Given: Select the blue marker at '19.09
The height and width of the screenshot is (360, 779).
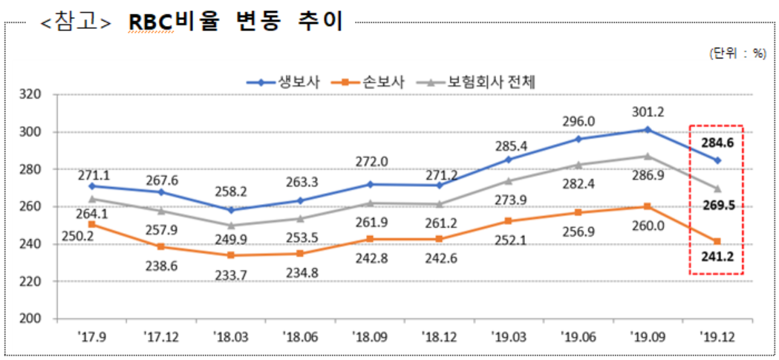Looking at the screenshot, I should (647, 129).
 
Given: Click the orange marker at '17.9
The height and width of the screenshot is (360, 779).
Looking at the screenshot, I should (91, 224).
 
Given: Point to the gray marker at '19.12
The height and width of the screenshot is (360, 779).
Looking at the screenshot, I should (717, 189).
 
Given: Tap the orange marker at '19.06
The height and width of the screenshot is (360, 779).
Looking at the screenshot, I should (577, 212).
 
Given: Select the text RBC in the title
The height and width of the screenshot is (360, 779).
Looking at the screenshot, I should (150, 22).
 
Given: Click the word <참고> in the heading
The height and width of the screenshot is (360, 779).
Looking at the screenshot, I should (76, 23).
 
